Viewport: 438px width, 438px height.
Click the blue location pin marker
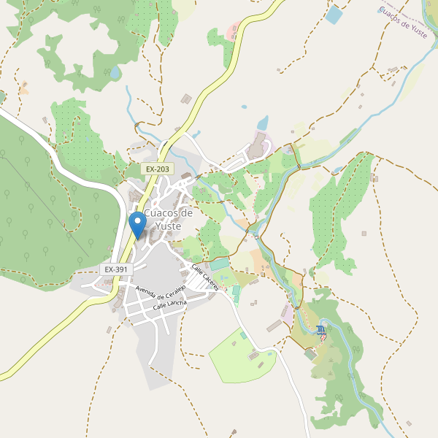click(137, 223)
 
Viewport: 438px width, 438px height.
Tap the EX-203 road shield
click(157, 169)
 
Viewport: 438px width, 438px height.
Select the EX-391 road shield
click(116, 269)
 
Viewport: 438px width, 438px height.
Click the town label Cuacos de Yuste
click(169, 219)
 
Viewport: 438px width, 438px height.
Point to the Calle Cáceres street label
click(204, 278)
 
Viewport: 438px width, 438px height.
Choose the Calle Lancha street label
click(170, 305)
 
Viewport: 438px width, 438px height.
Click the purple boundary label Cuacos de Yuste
click(403, 22)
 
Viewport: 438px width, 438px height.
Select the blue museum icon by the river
click(321, 331)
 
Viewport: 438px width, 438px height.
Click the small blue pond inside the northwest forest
click(115, 73)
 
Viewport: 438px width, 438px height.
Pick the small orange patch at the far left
click(23, 90)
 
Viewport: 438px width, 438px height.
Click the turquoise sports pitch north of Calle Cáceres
click(220, 264)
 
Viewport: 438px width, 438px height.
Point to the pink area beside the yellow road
click(233, 32)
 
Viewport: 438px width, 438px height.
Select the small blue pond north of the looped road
click(262, 122)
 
